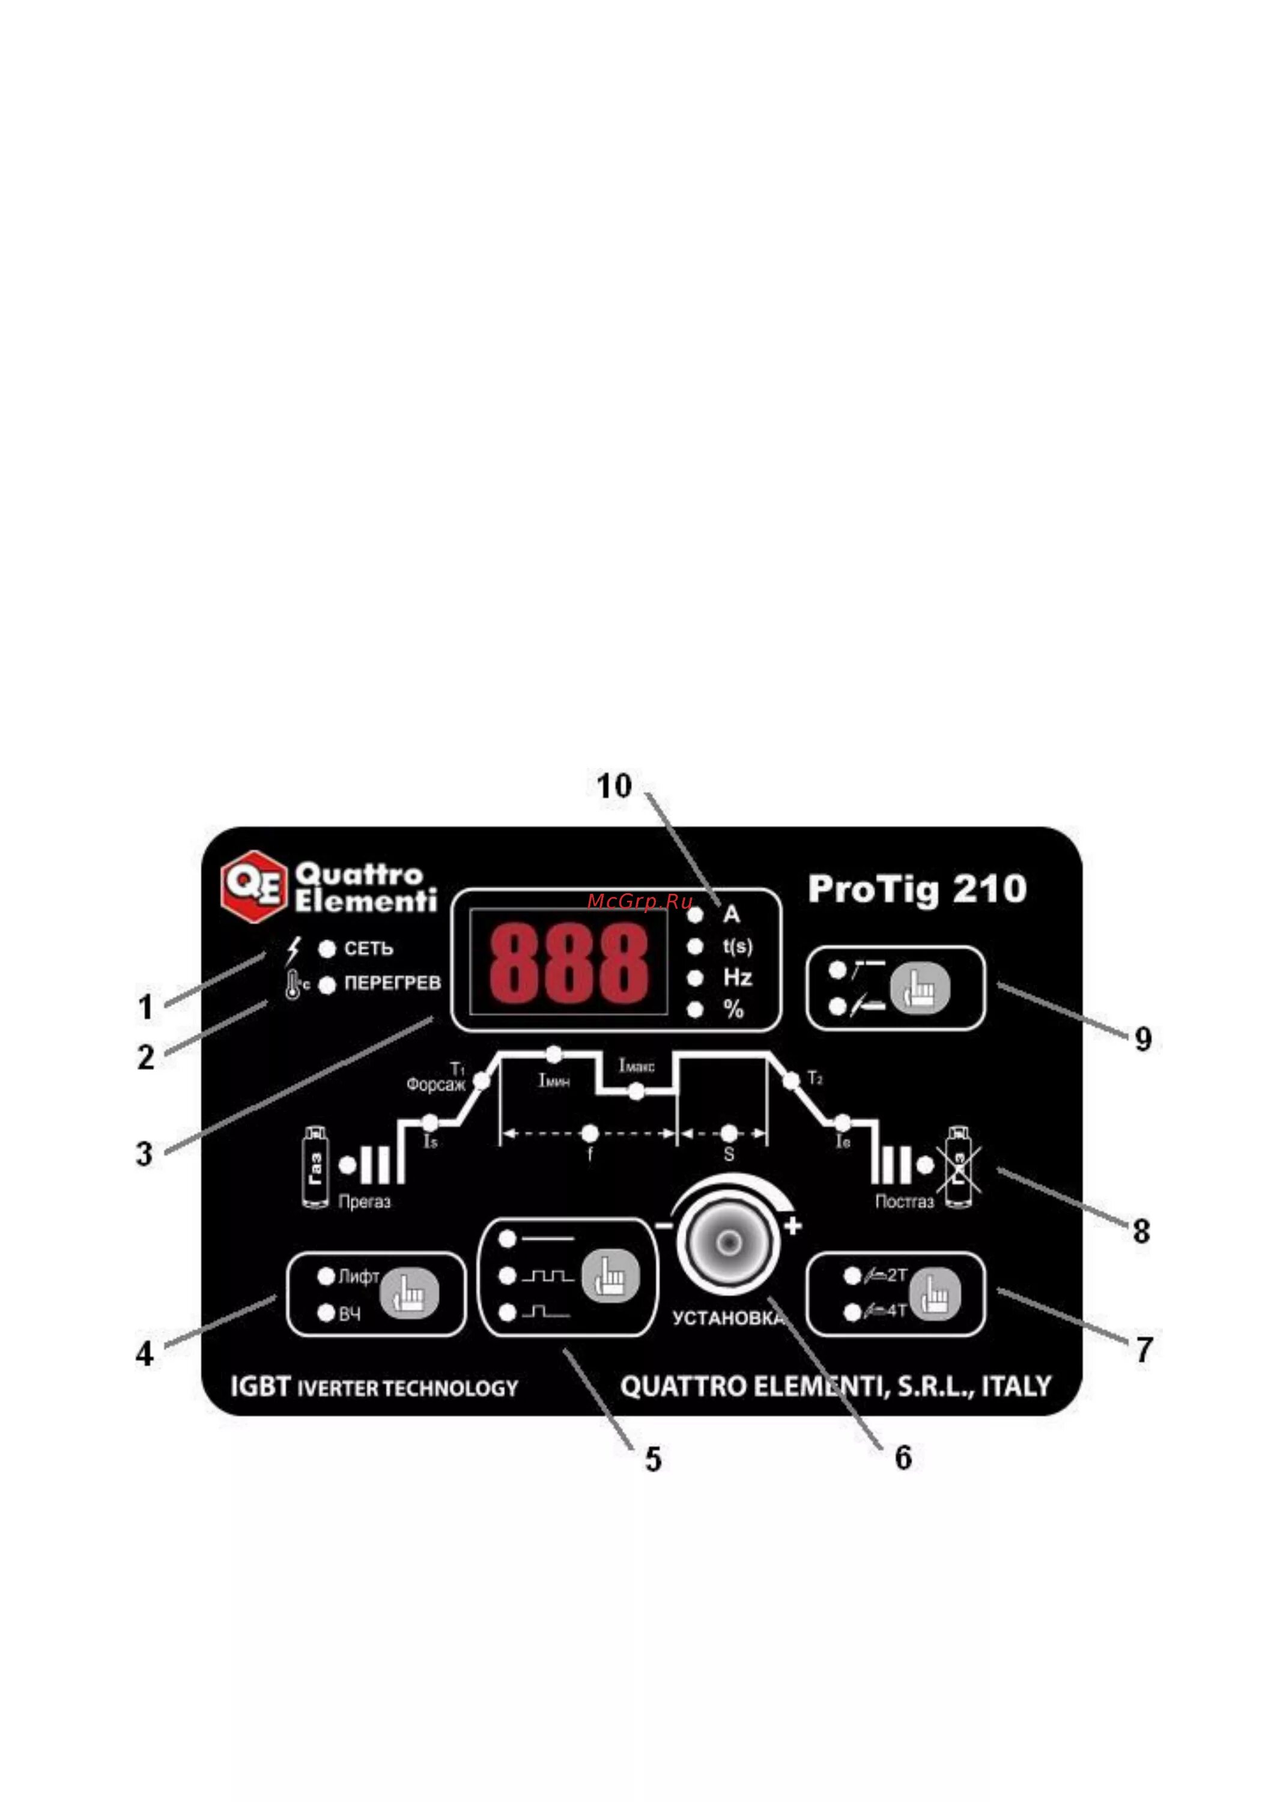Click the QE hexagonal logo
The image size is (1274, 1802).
click(253, 886)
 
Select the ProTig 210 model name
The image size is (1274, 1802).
click(917, 889)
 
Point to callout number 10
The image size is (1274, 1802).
click(614, 786)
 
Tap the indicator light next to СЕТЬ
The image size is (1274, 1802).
click(327, 949)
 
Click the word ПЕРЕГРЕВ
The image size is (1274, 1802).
click(392, 983)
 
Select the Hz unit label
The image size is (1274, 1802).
click(737, 978)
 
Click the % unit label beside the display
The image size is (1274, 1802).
click(734, 1010)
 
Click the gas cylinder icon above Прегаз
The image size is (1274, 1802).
click(315, 1167)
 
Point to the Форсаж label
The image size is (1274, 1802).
click(435, 1085)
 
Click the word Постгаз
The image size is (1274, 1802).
click(904, 1201)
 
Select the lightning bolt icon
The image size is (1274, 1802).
click(293, 950)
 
